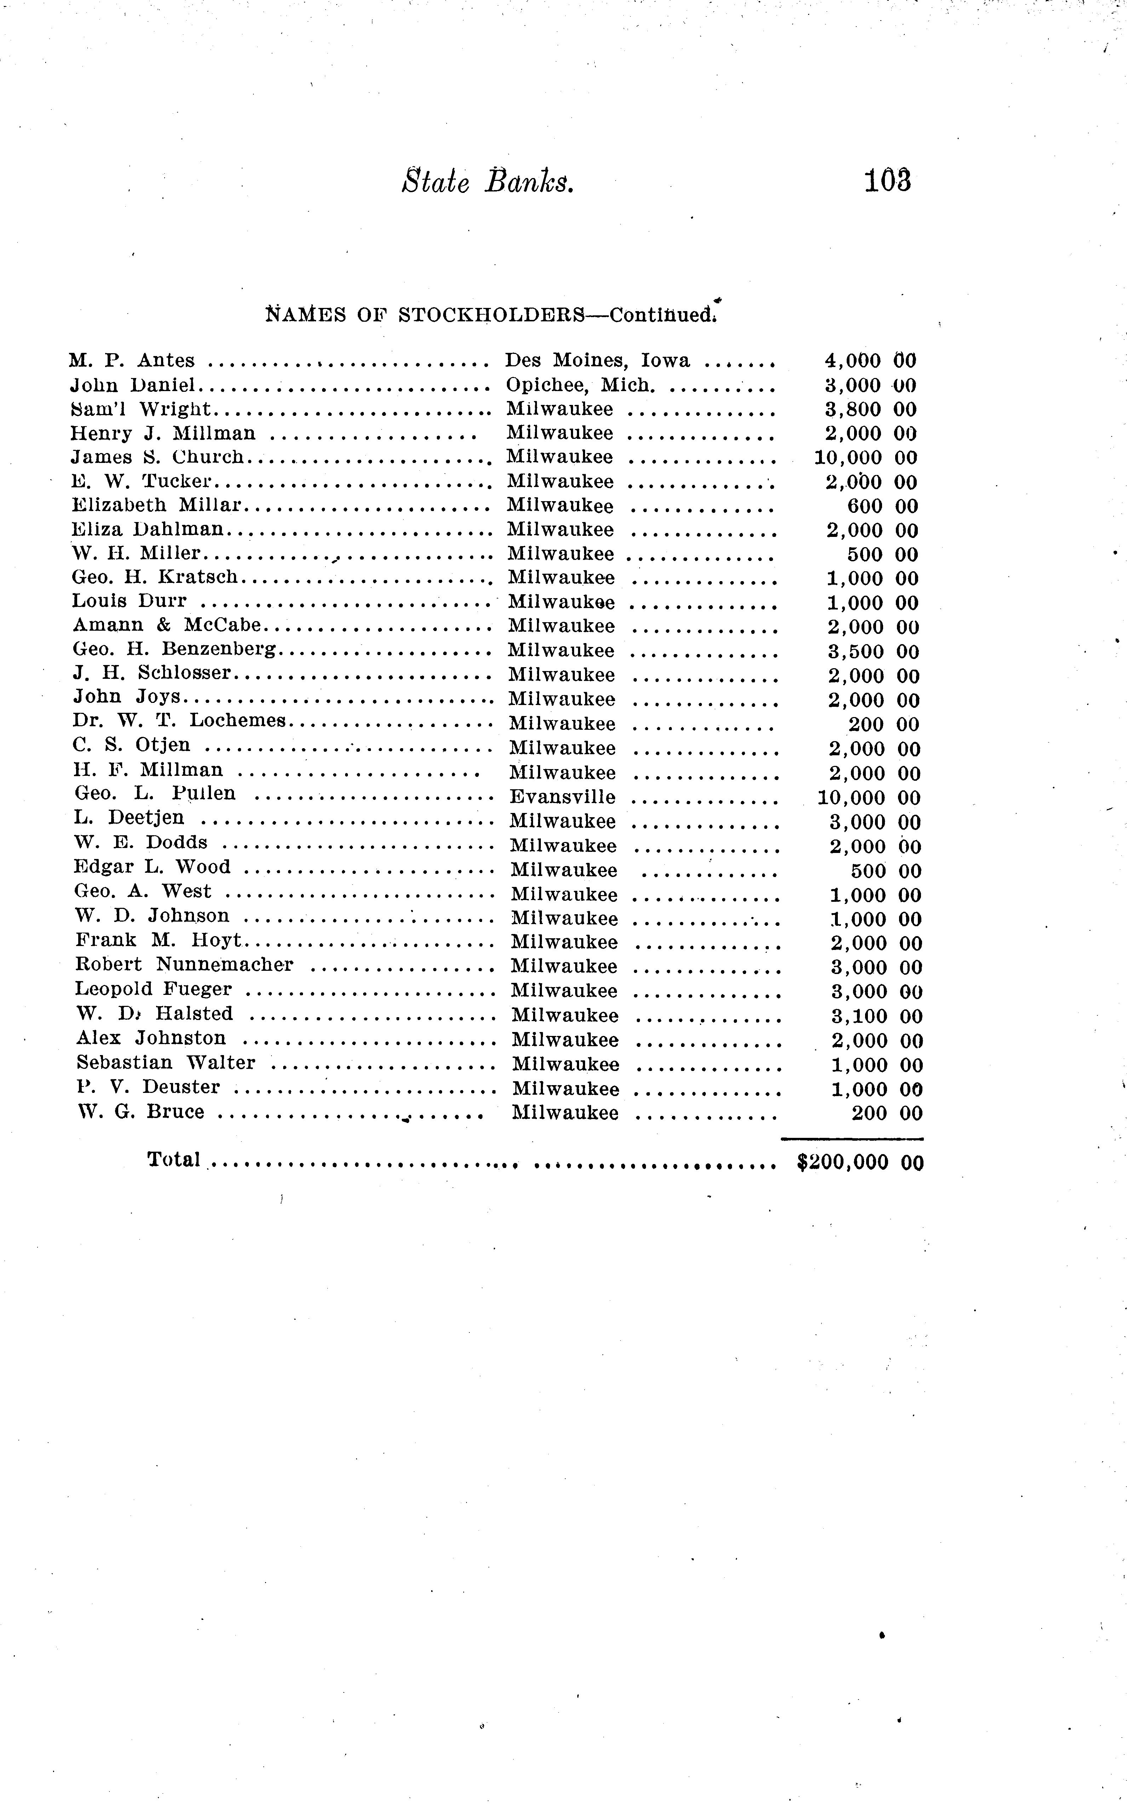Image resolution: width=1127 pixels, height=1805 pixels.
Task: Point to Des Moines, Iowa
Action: click(x=597, y=361)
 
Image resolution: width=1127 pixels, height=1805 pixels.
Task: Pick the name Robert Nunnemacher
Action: click(x=184, y=965)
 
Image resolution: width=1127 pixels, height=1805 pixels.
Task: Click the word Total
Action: click(x=174, y=1159)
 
